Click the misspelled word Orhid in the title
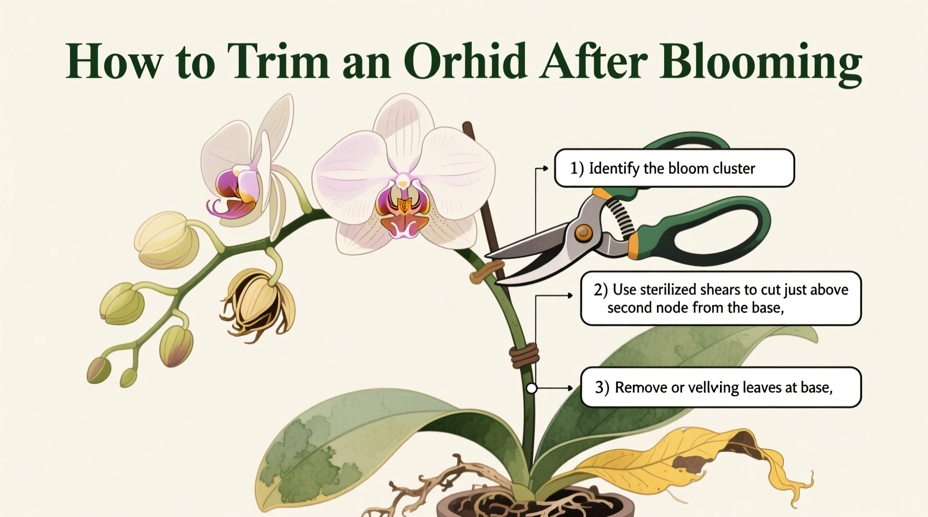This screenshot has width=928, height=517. point(465,61)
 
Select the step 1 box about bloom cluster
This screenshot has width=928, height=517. point(674,168)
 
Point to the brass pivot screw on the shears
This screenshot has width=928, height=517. point(583,232)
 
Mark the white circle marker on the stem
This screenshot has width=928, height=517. point(531,388)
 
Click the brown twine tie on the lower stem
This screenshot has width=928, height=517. point(525,355)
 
